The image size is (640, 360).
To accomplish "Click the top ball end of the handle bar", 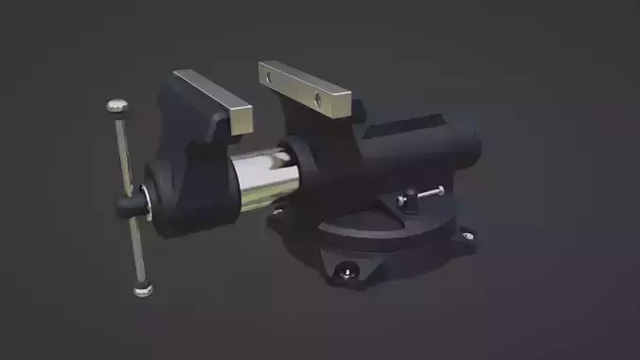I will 117,106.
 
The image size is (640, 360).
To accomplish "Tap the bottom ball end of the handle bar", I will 143,289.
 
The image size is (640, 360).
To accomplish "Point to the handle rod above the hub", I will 123,152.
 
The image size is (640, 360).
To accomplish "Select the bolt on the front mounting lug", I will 347,273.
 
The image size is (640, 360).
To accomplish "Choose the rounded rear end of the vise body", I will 464,147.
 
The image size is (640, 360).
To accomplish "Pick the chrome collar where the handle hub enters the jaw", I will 147,199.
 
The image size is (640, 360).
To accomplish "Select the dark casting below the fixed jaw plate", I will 322,142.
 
